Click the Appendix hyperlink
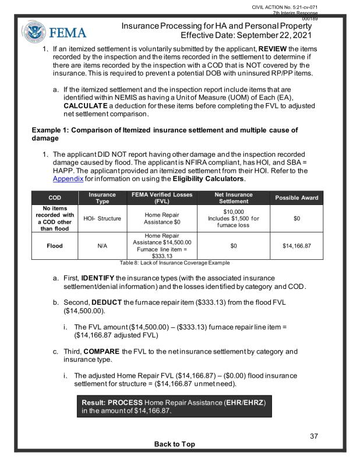[x=68, y=179]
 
